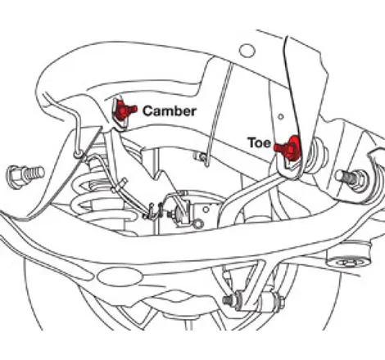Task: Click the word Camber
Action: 169,111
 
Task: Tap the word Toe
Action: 259,142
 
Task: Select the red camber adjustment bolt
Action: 125,110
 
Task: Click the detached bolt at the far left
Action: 26,175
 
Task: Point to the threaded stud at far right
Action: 351,178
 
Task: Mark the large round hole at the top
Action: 247,51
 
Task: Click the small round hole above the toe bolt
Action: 281,117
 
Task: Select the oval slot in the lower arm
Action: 120,277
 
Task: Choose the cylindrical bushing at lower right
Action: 349,256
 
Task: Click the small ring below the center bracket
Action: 197,224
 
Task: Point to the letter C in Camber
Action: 148,111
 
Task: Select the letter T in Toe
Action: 251,142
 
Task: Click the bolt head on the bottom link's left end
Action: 229,300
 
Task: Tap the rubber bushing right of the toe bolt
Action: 317,155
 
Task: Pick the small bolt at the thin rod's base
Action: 200,157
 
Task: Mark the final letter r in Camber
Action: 192,112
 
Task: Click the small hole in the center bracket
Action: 206,209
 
